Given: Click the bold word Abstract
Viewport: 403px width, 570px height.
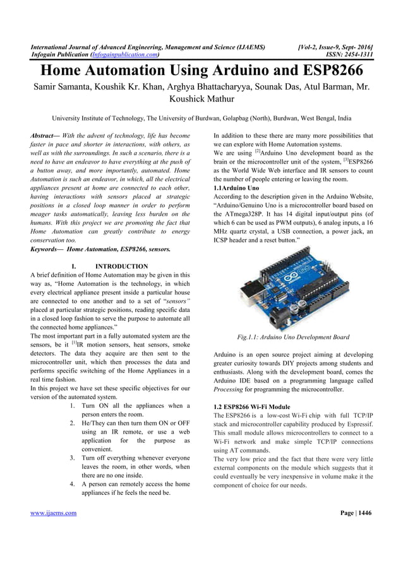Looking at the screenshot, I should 45,136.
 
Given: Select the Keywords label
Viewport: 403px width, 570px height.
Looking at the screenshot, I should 47,249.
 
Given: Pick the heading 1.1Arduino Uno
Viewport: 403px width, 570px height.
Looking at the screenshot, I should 236,187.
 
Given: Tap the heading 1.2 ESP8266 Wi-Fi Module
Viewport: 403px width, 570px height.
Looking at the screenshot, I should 252,407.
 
